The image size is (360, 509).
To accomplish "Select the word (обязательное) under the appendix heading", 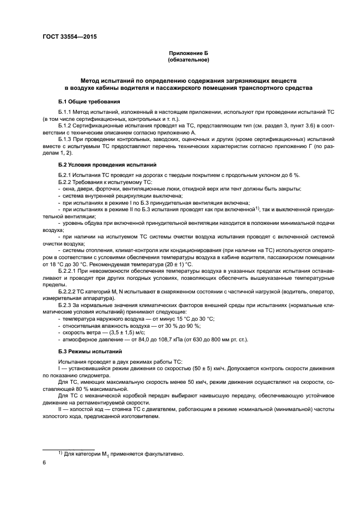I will pos(188,60).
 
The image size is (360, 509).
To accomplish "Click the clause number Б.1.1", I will pos(65,112).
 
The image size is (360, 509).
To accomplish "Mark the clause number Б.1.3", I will pos(65,139).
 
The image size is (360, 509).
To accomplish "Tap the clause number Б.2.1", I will pos(65,174).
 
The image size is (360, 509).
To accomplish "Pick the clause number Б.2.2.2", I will pos(67,291).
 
